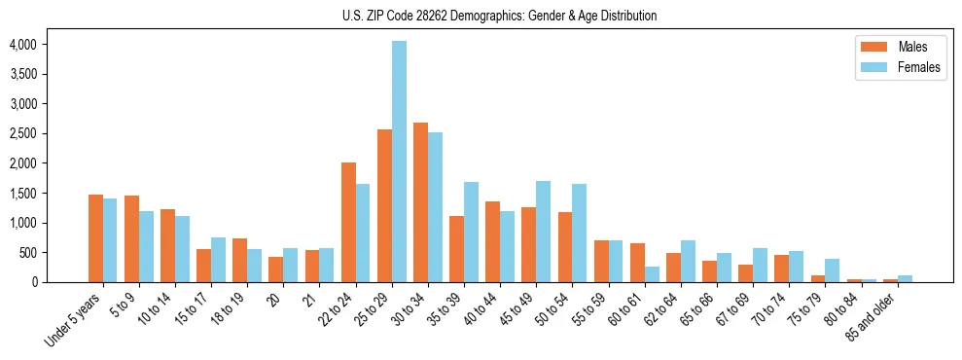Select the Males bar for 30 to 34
(x=420, y=202)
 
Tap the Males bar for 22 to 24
(x=348, y=222)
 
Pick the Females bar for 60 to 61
(x=652, y=274)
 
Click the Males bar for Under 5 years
(x=95, y=238)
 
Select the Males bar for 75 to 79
(x=818, y=278)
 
